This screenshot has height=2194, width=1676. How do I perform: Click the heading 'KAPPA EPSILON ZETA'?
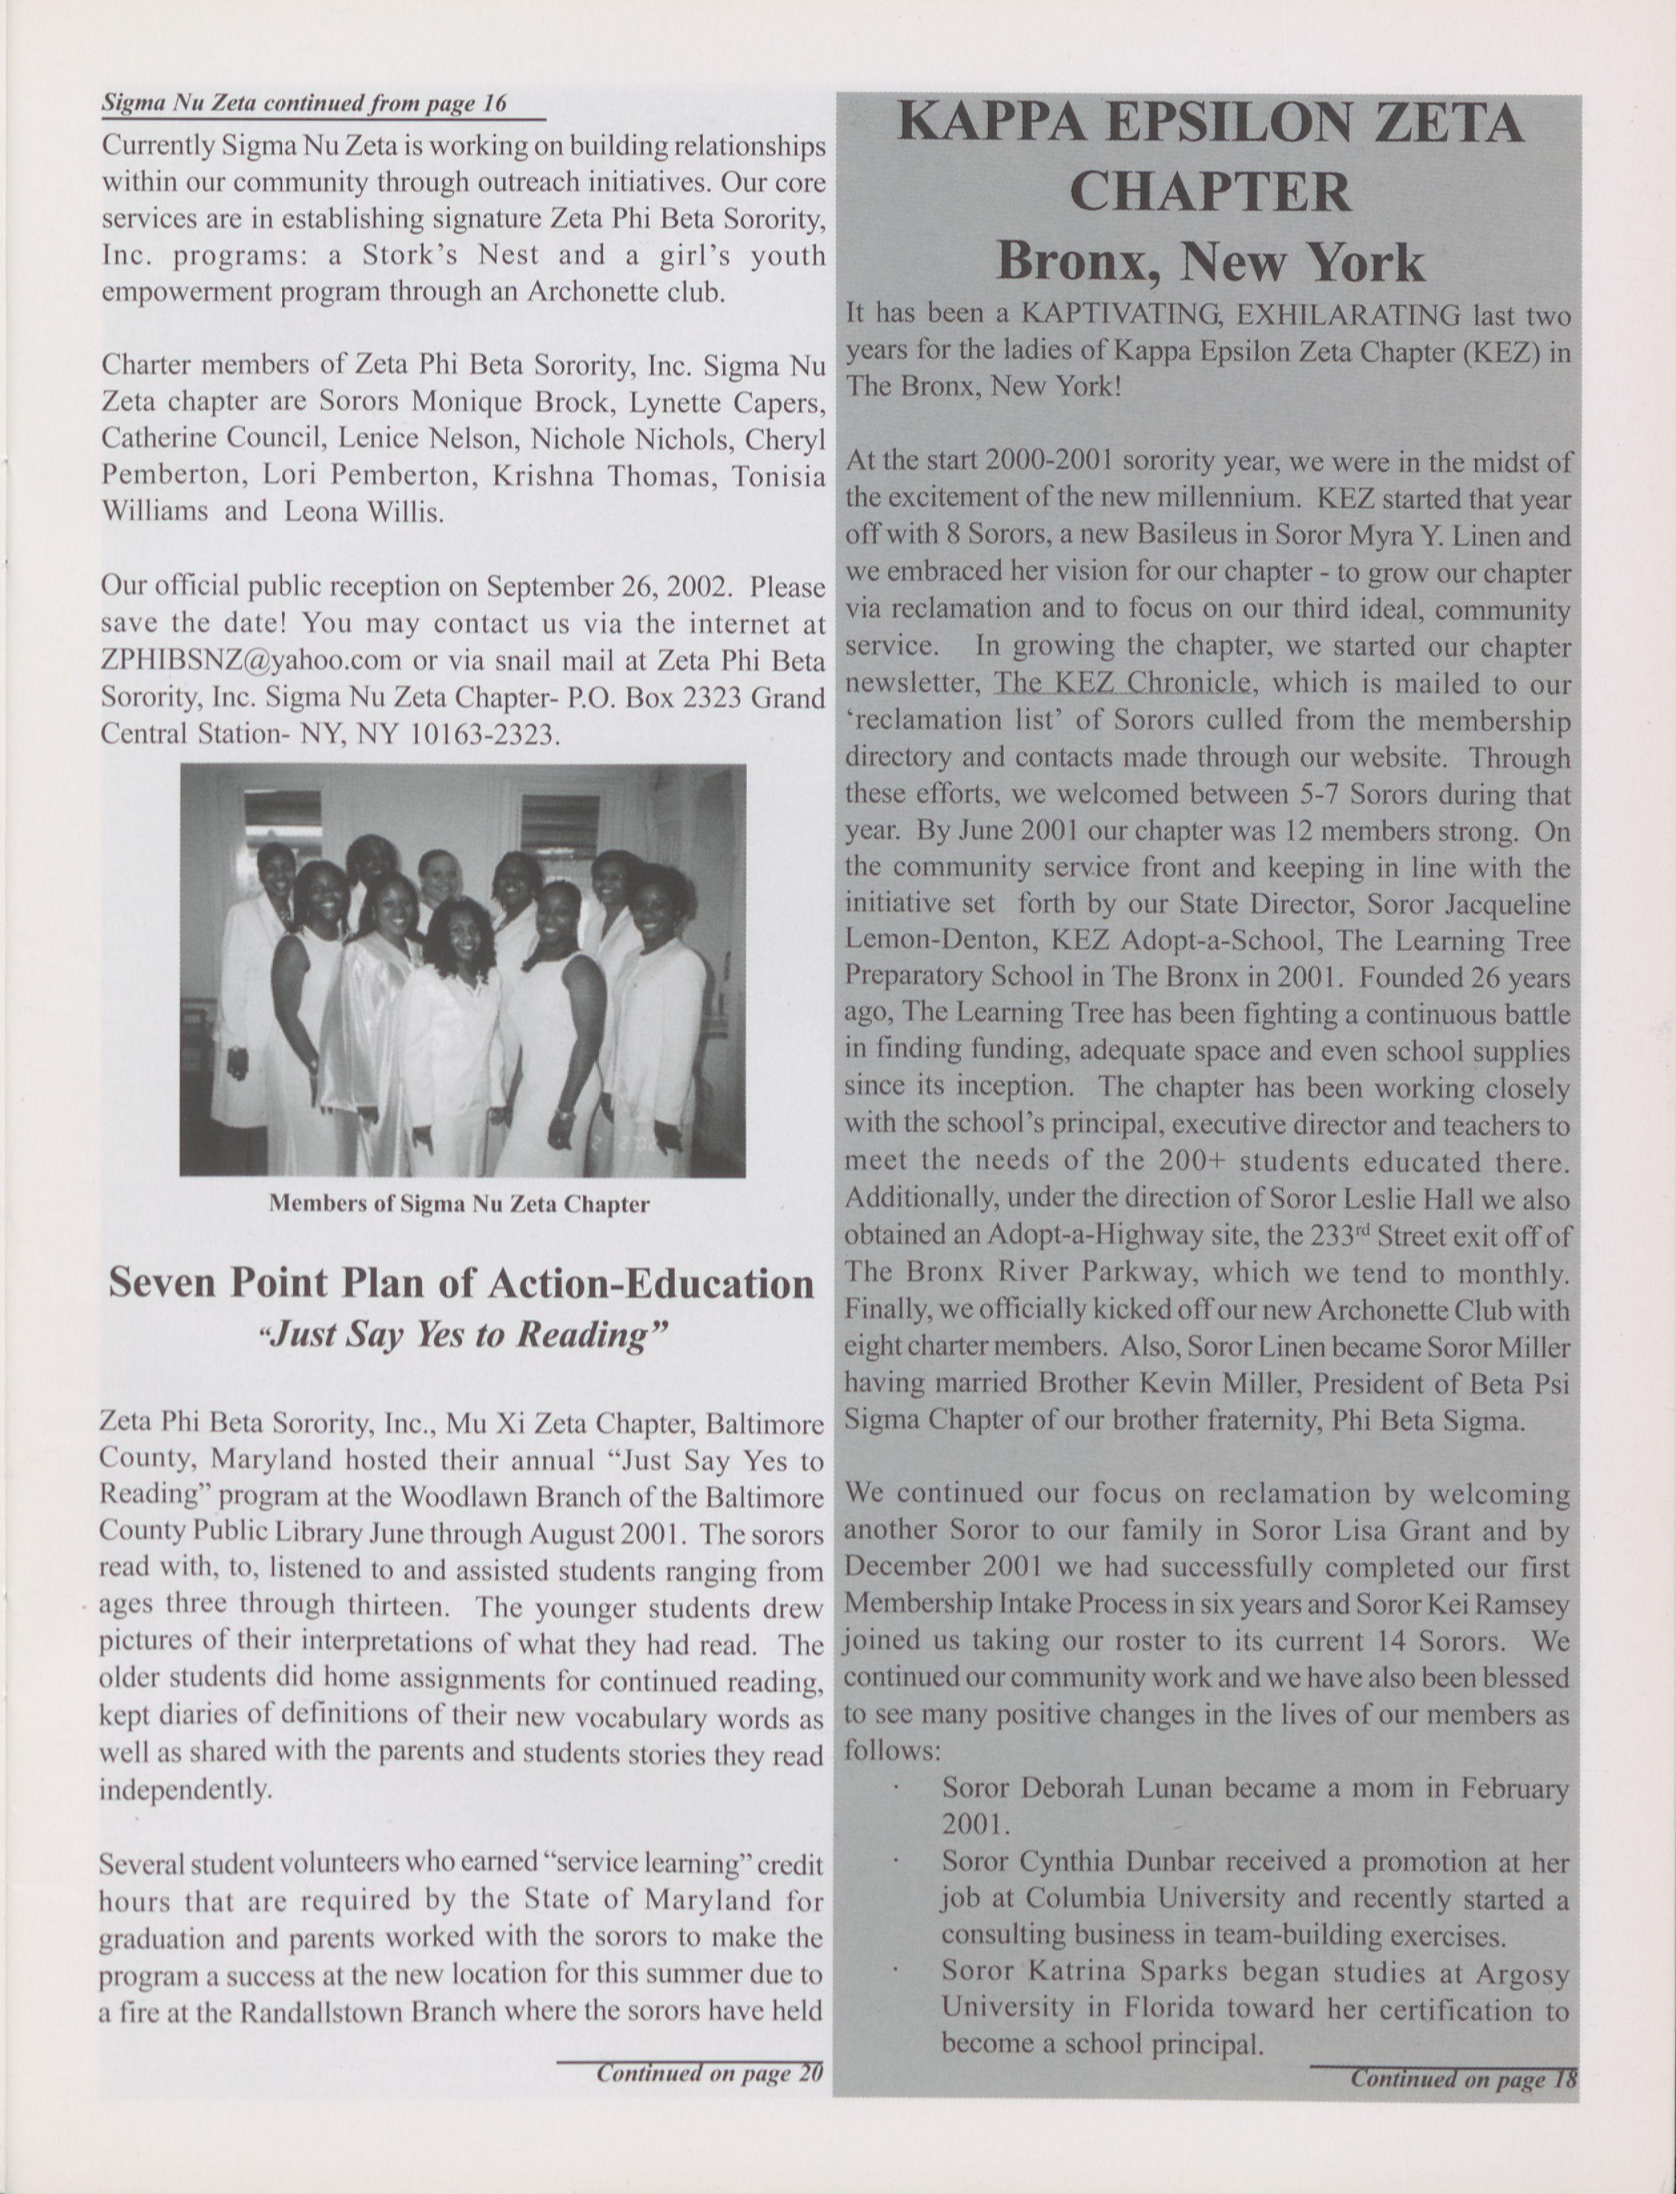pos(1210,125)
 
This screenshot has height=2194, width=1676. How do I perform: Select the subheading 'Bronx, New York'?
pos(1210,262)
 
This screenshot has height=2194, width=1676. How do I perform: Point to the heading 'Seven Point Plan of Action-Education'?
pos(461,1283)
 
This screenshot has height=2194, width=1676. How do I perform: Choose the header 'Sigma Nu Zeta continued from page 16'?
pos(304,103)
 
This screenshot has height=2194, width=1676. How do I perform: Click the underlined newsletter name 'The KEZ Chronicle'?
pos(1122,683)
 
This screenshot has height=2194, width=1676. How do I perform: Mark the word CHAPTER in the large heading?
pos(1210,192)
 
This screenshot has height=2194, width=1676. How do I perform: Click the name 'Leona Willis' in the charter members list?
pos(364,512)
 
